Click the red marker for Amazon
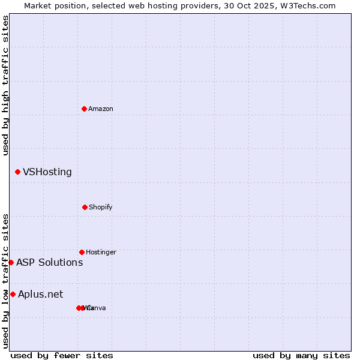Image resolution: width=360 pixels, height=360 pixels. pyautogui.click(x=85, y=109)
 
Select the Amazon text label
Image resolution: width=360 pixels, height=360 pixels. pyautogui.click(x=101, y=109)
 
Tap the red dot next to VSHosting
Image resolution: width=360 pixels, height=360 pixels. pyautogui.click(x=17, y=172)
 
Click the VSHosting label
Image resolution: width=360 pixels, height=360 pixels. pyautogui.click(x=47, y=172)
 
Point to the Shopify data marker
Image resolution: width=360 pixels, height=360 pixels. pyautogui.click(x=85, y=207)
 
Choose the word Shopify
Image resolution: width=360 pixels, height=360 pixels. pyautogui.click(x=101, y=208)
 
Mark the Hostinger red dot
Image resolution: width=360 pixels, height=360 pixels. pyautogui.click(x=82, y=252)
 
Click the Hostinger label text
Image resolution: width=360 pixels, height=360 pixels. pyautogui.click(x=101, y=253)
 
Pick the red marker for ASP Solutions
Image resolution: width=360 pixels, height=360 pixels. pyautogui.click(x=11, y=262)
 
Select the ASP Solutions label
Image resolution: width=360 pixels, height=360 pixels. pyautogui.click(x=49, y=262)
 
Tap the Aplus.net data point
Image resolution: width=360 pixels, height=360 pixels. pyautogui.click(x=13, y=294)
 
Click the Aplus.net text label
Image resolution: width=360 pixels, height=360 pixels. pyautogui.click(x=40, y=294)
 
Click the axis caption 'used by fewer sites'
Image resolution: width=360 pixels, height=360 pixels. pyautogui.click(x=62, y=355)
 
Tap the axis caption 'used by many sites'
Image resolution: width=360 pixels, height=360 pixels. pyautogui.click(x=301, y=355)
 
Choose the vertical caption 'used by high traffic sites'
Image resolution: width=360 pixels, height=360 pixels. pyautogui.click(x=5, y=85)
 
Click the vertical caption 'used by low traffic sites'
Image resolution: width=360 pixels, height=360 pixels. pyautogui.click(x=5, y=281)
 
